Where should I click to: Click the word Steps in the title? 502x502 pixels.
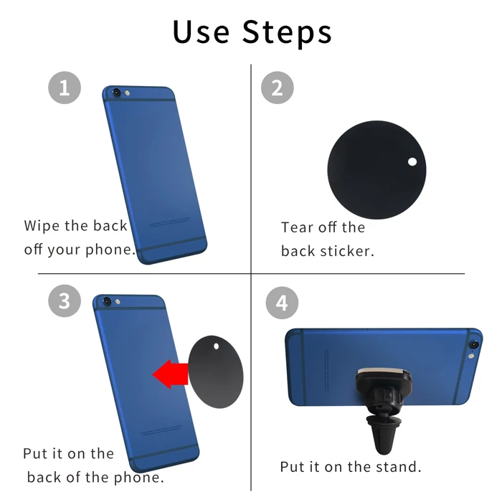(x=287, y=33)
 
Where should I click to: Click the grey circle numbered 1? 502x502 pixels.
(x=65, y=87)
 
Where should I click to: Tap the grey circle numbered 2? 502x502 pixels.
(x=278, y=87)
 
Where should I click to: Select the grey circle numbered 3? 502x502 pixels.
(x=65, y=301)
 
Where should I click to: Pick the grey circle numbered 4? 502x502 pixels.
(x=282, y=303)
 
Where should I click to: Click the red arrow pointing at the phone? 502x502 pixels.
(x=170, y=374)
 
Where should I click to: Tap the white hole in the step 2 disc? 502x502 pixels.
(x=412, y=161)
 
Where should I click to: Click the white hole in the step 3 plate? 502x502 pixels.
(x=216, y=346)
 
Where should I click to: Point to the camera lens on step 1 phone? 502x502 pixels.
(x=116, y=93)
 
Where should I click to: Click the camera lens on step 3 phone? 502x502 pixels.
(x=107, y=301)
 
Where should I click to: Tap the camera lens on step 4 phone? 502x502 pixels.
(x=473, y=345)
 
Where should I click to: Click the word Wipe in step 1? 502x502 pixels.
(x=42, y=226)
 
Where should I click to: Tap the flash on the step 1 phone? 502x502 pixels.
(x=127, y=93)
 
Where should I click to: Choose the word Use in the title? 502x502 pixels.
(x=201, y=32)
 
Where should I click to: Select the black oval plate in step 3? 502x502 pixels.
(x=215, y=371)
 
